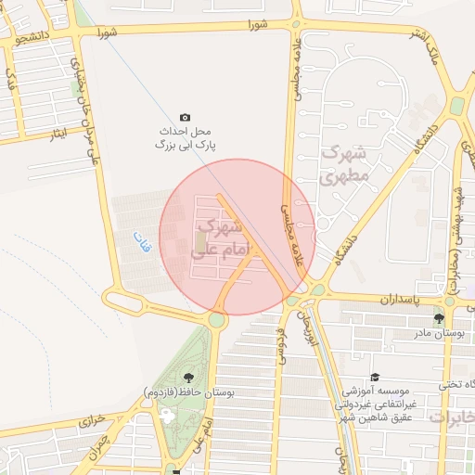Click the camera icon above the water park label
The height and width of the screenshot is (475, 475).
coord(185,117)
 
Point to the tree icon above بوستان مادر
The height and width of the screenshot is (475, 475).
coord(452,318)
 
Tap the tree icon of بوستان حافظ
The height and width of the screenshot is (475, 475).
coord(188,376)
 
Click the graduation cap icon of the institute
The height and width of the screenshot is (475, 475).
coord(375,378)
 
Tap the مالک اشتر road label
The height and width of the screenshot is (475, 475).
coord(431,51)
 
